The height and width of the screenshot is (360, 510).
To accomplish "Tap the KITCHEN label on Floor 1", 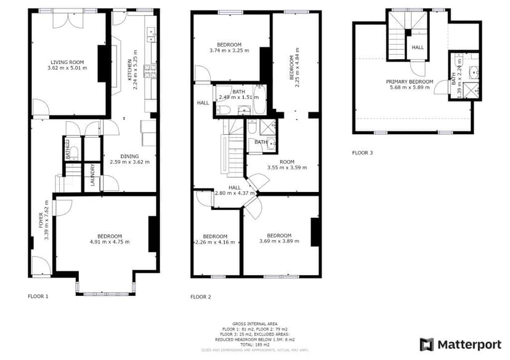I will click(129, 70).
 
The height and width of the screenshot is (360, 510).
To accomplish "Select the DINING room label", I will click(130, 156).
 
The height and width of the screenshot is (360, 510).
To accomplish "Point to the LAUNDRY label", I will click(93, 174).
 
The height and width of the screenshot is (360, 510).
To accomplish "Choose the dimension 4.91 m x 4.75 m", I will click(110, 242).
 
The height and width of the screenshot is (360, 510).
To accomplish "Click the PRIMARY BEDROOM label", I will click(410, 82).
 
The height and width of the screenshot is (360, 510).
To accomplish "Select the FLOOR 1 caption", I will click(38, 296).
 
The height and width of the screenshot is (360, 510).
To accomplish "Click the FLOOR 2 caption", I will click(201, 296).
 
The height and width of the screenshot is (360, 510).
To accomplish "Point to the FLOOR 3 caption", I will click(362, 152).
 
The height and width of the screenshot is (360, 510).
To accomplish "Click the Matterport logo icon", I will click(427, 345).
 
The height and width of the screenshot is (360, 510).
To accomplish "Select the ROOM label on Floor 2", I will click(286, 162).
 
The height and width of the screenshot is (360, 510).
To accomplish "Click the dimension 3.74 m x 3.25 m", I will click(229, 50).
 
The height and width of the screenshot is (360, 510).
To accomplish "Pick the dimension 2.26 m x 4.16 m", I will click(215, 242).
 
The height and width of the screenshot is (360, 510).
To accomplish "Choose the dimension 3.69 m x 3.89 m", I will click(279, 241).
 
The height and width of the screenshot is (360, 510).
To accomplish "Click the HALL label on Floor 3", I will click(418, 47).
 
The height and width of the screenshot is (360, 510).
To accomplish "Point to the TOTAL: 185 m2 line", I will click(254, 344).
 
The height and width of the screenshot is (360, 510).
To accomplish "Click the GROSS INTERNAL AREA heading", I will click(254, 324).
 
